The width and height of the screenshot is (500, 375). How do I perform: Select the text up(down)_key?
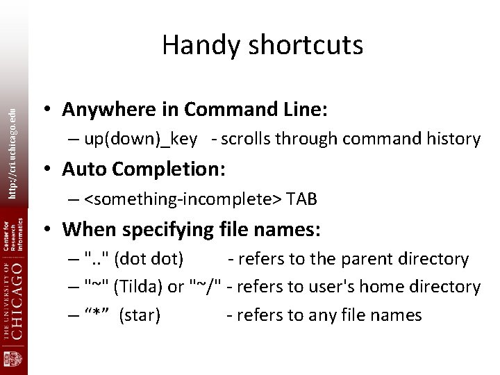[140, 140]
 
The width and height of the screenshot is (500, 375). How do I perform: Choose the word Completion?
[156, 169]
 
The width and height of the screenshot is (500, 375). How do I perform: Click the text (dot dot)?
[149, 259]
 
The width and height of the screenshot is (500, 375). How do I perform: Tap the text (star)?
[140, 315]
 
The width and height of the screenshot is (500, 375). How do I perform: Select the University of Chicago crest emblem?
[14, 360]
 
